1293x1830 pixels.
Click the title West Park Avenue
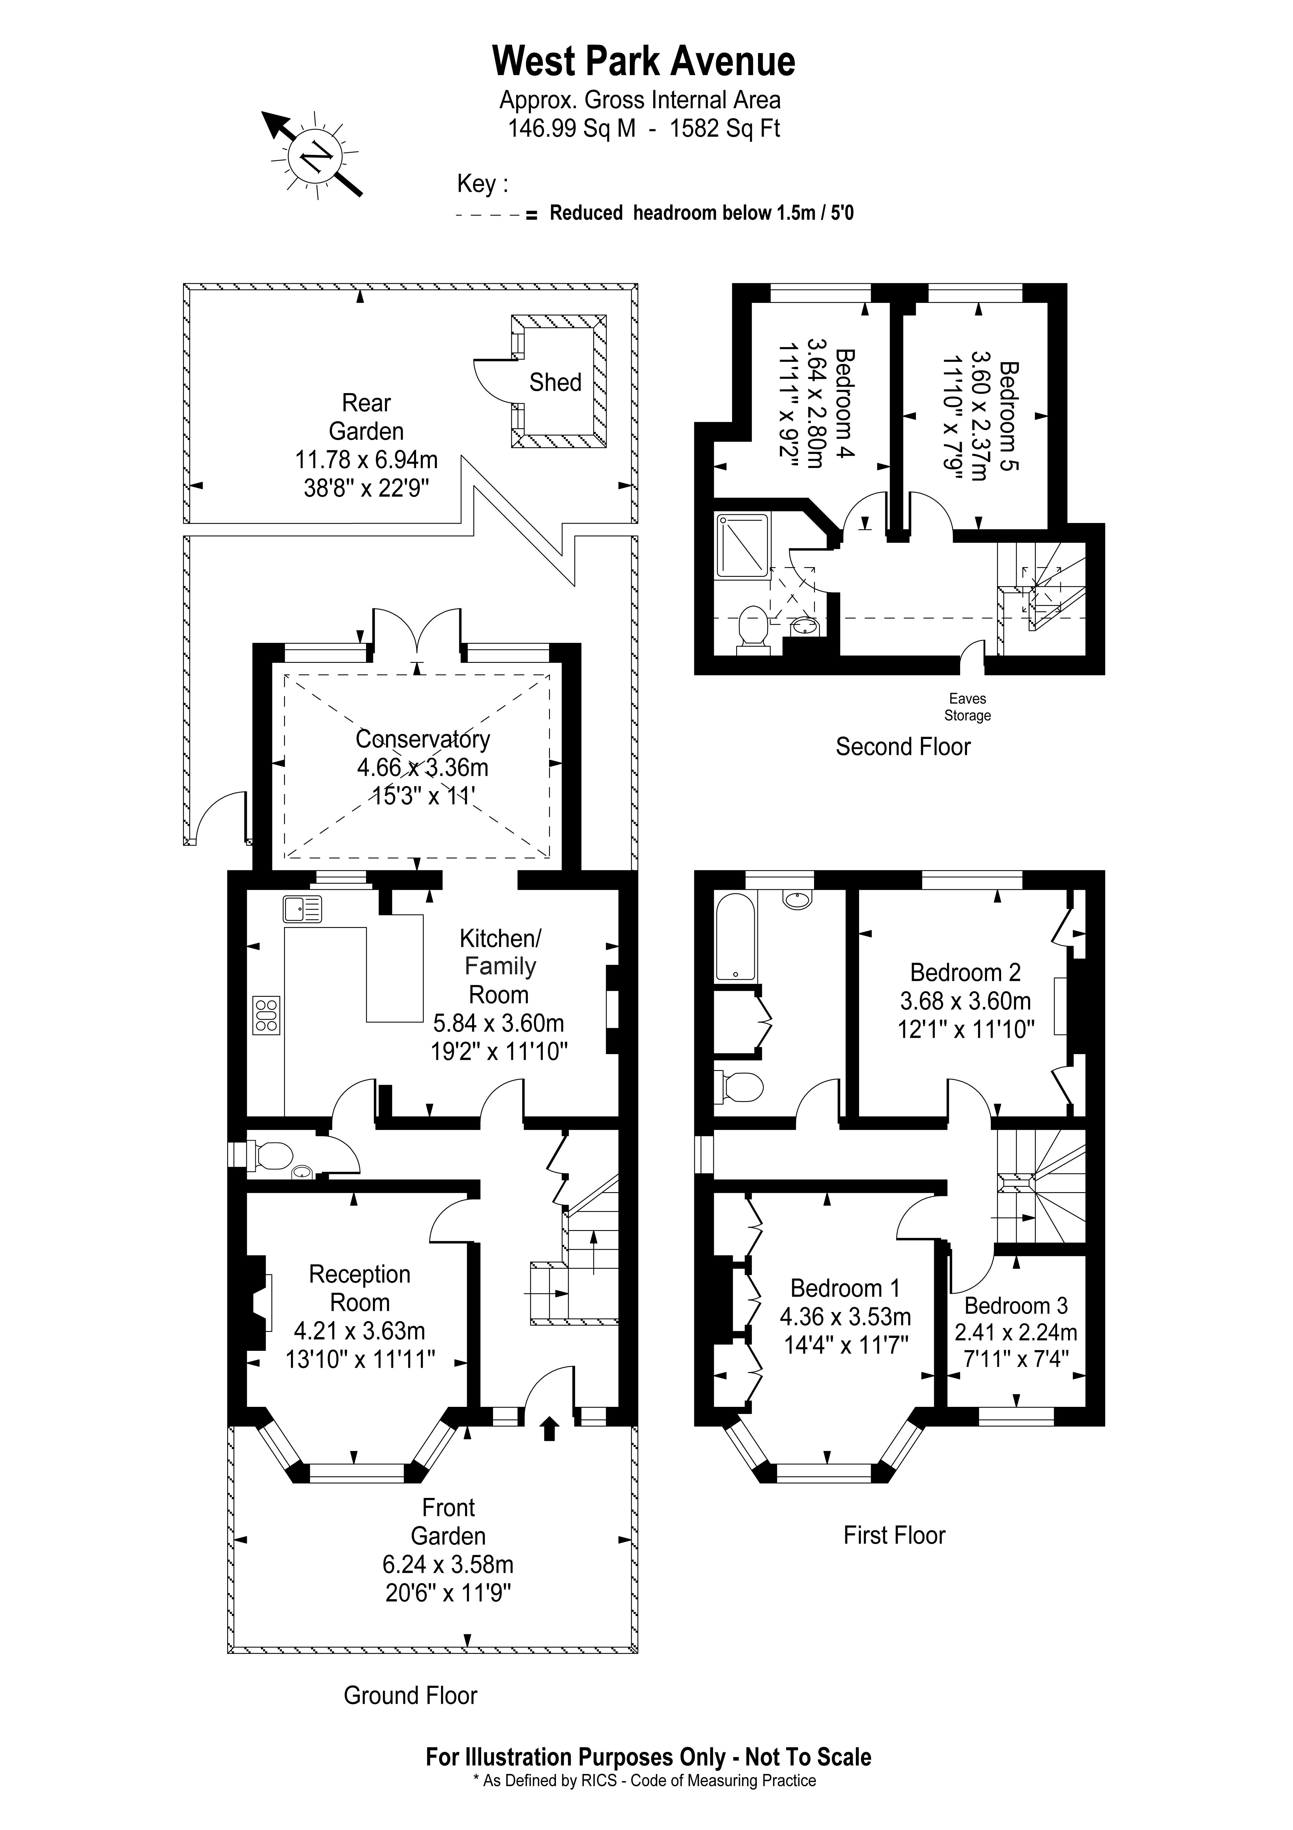click(x=644, y=61)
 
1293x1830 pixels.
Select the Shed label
click(x=555, y=382)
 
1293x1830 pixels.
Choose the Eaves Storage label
click(x=967, y=707)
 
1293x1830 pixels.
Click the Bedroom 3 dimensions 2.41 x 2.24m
click(x=1016, y=1332)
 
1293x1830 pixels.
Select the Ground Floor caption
click(x=410, y=1695)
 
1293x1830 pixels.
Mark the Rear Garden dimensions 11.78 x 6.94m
click(x=366, y=460)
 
